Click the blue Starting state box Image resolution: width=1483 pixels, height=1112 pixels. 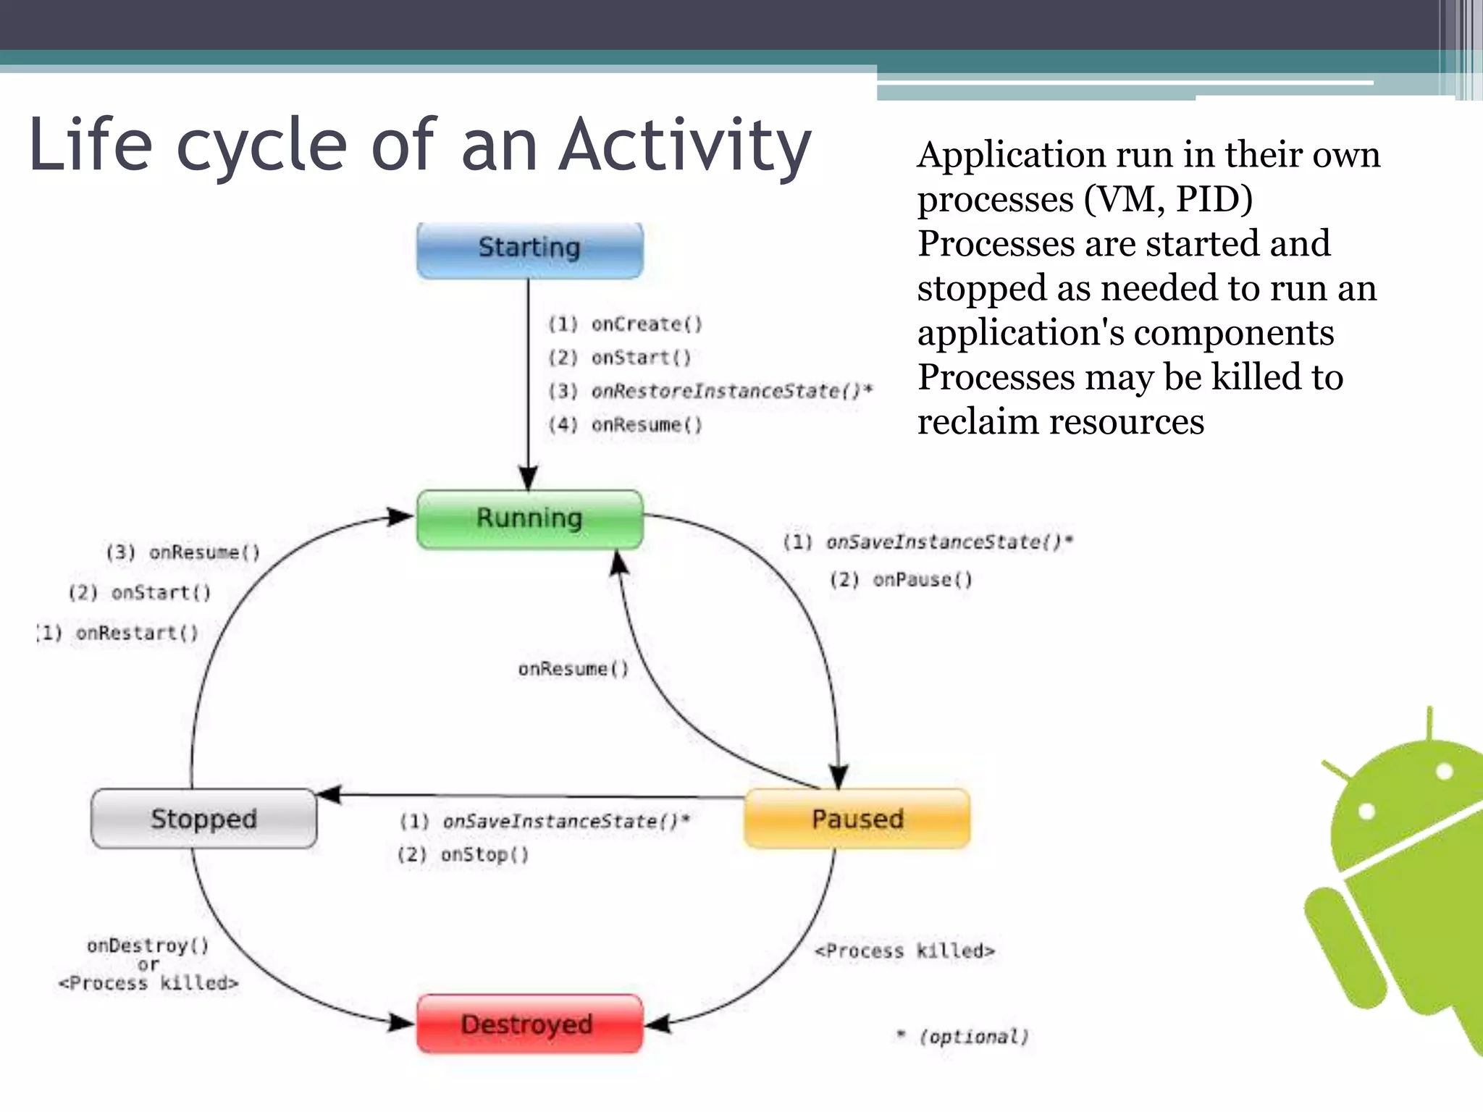(529, 248)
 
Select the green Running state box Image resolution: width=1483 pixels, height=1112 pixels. (529, 518)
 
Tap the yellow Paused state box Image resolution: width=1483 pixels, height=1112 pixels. (857, 819)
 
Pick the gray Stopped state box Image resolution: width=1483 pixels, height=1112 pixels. (203, 819)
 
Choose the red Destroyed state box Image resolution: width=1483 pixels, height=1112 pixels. (529, 1024)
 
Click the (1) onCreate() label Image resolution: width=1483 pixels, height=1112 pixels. (625, 324)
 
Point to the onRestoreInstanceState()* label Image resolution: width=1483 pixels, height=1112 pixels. (731, 392)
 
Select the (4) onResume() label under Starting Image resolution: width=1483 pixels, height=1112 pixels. (625, 425)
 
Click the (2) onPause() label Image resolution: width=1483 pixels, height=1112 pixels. (901, 580)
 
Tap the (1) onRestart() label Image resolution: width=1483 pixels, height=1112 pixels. (118, 633)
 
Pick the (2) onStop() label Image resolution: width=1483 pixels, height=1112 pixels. (463, 855)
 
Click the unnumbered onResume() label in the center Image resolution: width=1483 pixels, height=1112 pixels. (574, 669)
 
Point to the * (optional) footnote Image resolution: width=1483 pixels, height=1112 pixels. (963, 1037)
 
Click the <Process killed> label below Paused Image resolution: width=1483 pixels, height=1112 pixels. (904, 951)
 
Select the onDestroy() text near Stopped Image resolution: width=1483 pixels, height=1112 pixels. (148, 945)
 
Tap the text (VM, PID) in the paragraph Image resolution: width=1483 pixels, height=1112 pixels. (1167, 199)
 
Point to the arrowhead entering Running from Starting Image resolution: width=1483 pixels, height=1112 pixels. (529, 479)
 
